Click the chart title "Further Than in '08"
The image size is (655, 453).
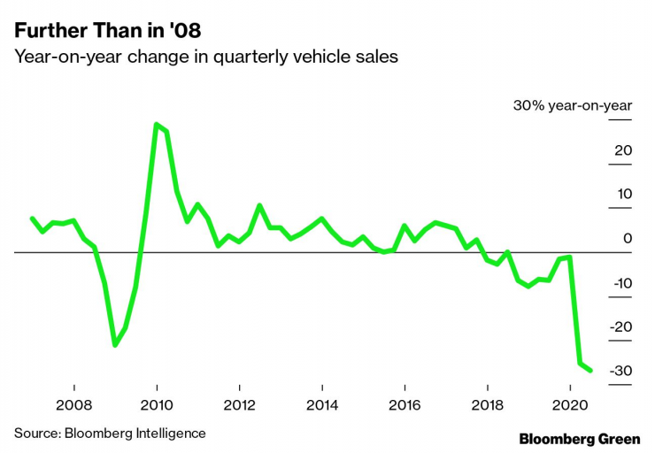coord(107,31)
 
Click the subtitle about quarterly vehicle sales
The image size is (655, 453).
coord(205,58)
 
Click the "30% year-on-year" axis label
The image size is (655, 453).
coord(573,106)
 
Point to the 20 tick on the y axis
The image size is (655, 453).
coord(623,150)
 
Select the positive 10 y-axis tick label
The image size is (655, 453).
coord(624,195)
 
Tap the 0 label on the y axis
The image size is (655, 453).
coord(628,239)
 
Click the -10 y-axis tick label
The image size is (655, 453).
coord(621,283)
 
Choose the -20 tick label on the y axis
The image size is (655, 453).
coord(621,326)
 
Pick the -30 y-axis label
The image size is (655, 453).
coord(621,371)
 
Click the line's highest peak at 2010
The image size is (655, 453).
coord(157,125)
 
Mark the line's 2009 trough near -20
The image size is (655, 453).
coord(115,344)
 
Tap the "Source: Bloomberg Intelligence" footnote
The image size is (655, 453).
coord(110,433)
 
